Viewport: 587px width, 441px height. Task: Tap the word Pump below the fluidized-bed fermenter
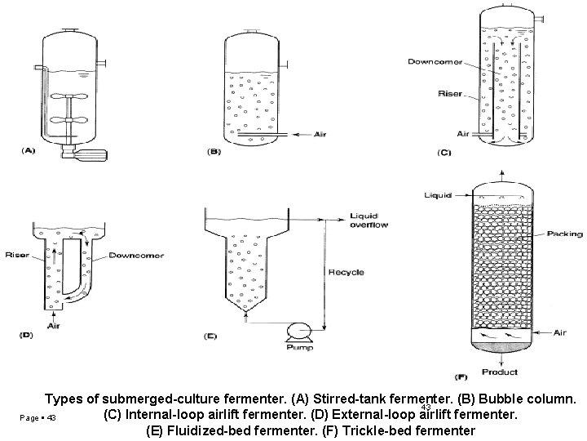(298, 347)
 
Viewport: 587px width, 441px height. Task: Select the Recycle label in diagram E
(345, 271)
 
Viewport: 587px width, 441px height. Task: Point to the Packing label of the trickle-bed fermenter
(565, 234)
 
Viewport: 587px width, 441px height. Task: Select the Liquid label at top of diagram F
(438, 195)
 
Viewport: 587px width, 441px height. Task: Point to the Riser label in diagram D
(17, 255)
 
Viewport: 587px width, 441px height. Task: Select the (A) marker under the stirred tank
(29, 150)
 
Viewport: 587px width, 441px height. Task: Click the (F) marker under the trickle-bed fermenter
(461, 376)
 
